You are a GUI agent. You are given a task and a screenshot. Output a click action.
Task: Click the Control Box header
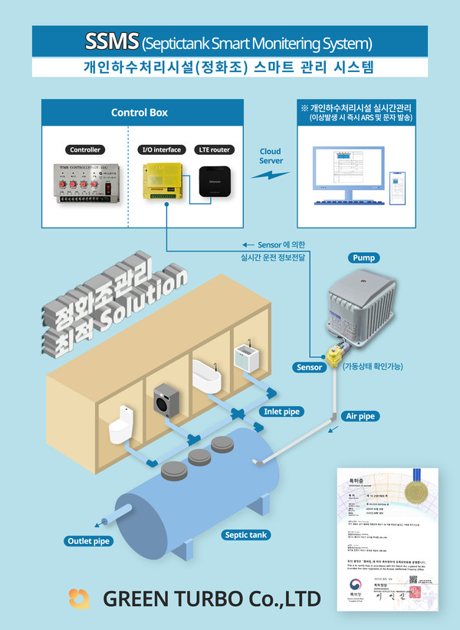click(x=140, y=113)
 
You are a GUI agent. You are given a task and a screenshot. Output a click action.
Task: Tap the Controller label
click(x=85, y=149)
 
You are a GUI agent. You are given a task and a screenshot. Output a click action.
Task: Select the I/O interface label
click(x=162, y=149)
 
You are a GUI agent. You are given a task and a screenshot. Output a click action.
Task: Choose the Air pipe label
click(x=360, y=416)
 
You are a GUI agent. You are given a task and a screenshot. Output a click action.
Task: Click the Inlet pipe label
click(x=282, y=412)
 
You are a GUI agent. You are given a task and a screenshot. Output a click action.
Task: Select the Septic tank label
click(x=246, y=534)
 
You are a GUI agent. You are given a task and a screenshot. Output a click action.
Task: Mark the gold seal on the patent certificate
click(x=420, y=488)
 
